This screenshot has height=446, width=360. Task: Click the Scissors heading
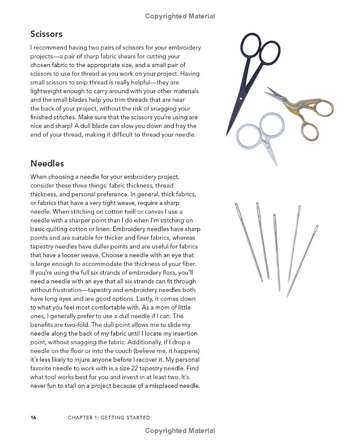point(46,34)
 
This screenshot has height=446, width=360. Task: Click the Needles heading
point(47,164)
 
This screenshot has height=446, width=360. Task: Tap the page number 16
point(33,418)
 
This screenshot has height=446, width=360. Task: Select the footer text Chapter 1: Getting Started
point(109,418)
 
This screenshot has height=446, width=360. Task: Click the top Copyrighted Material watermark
point(180,16)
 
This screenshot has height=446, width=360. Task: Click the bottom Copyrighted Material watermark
point(180,431)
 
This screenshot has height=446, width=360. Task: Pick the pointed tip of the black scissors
point(227,135)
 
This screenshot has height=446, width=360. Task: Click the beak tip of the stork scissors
point(265,93)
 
